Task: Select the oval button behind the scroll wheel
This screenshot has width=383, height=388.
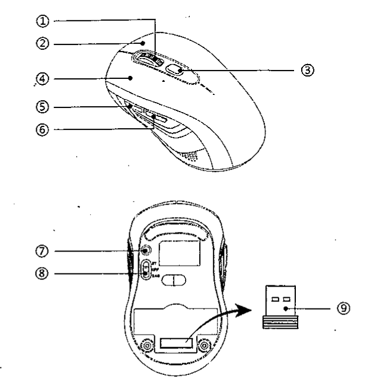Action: click(x=174, y=70)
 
